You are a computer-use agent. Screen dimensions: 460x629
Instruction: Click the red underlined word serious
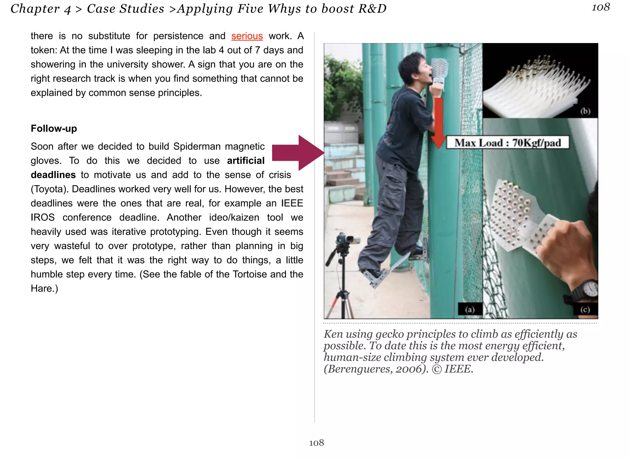pyautogui.click(x=247, y=36)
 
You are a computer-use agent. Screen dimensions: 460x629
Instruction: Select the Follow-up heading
pyautogui.click(x=54, y=129)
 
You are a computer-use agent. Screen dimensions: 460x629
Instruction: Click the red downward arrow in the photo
pyautogui.click(x=439, y=123)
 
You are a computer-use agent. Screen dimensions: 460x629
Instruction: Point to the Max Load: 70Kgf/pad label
pyautogui.click(x=507, y=143)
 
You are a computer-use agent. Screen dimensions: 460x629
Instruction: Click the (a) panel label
pyautogui.click(x=470, y=309)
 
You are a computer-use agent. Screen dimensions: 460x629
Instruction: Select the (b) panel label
pyautogui.click(x=585, y=111)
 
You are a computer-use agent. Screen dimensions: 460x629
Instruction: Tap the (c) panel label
pyautogui.click(x=585, y=309)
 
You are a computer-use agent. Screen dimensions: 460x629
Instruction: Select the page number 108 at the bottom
pyautogui.click(x=316, y=443)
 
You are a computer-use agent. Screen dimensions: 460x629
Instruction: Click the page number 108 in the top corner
pyautogui.click(x=601, y=7)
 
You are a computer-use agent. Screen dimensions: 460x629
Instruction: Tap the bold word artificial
pyautogui.click(x=246, y=161)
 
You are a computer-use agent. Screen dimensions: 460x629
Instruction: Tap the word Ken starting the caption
pyautogui.click(x=333, y=334)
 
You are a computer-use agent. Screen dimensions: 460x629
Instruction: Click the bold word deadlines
pyautogui.click(x=53, y=175)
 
